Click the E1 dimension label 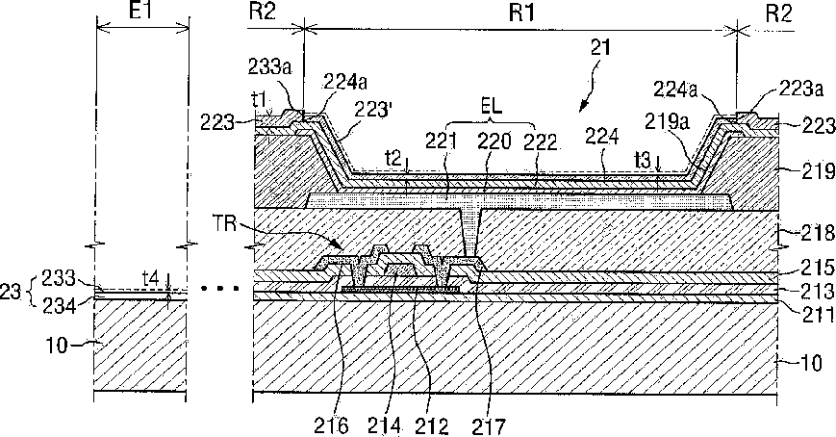tap(140, 12)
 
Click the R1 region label tap(521, 13)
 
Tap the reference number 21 tap(599, 47)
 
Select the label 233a tap(269, 67)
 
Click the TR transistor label tap(226, 224)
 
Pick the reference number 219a tap(668, 121)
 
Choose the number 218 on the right tap(818, 233)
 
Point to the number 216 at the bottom tap(332, 426)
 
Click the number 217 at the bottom tap(489, 426)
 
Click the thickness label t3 tap(643, 159)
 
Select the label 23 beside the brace tap(12, 292)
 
